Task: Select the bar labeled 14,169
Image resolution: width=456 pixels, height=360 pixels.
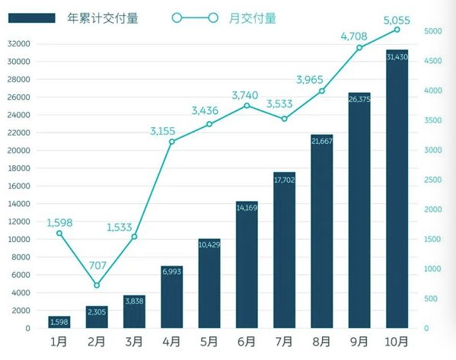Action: [247, 266]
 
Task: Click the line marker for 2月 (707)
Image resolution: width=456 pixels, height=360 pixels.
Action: [97, 285]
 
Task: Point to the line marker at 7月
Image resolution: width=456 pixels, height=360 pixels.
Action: [284, 119]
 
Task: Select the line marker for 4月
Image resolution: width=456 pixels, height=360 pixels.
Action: [172, 142]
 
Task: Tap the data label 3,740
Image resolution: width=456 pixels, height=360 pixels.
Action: [247, 90]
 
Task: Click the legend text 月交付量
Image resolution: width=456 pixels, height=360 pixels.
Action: [254, 18]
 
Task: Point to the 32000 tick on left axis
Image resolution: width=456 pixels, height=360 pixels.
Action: [19, 43]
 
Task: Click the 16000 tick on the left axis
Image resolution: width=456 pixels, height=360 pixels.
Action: [19, 186]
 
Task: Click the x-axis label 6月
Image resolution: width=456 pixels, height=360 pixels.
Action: [247, 341]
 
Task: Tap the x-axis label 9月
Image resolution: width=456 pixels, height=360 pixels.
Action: [359, 341]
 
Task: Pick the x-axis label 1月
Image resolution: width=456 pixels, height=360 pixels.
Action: [59, 341]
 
